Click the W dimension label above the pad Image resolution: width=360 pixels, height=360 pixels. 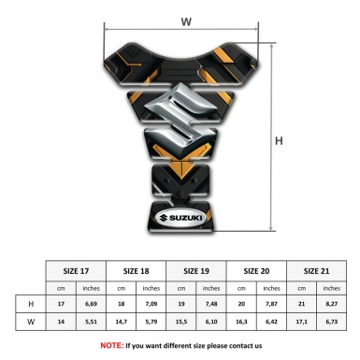coord(186,22)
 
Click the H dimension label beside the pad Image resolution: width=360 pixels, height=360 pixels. coord(279,141)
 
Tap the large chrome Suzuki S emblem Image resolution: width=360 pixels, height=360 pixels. coord(180,118)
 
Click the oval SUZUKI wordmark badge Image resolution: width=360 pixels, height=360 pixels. coord(180,218)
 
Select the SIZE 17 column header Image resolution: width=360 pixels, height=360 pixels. coord(76,271)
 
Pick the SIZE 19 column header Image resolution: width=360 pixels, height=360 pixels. coord(196,271)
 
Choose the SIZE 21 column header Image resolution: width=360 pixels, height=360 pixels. coord(316,271)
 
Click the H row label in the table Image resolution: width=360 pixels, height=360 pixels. coord(31,304)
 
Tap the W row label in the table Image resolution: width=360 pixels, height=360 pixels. coord(31,322)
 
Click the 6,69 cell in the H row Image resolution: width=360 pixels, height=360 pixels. coord(91,304)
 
